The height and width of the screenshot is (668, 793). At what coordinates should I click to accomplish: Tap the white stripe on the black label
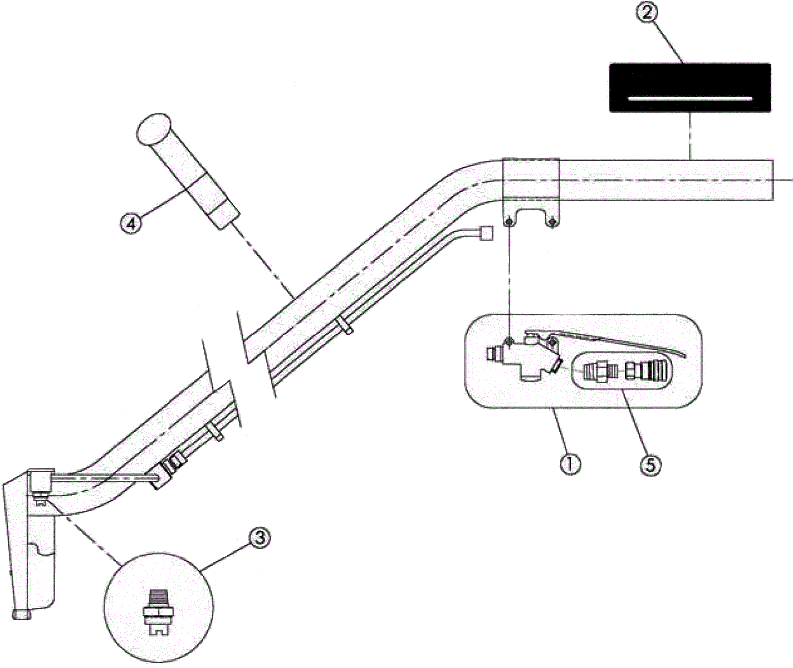tap(690, 98)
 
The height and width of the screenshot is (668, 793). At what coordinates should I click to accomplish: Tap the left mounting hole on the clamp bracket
tap(509, 222)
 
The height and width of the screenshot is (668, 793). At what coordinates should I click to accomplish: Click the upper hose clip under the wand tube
tap(346, 327)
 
